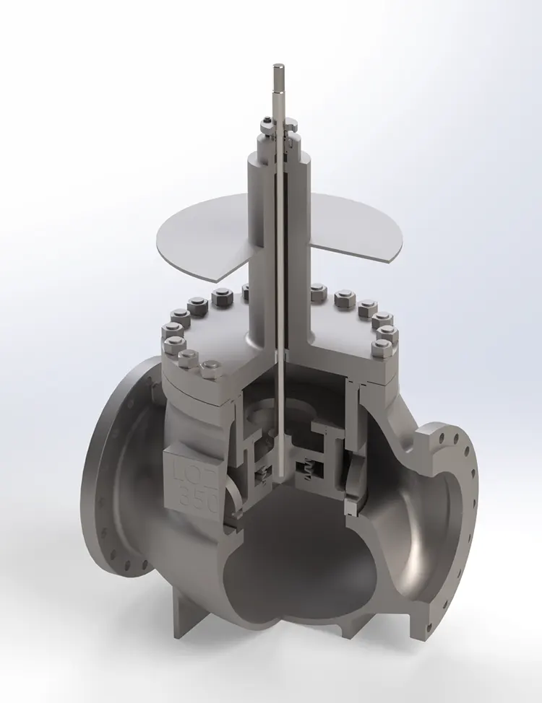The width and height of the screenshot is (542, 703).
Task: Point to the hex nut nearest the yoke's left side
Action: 222,296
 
